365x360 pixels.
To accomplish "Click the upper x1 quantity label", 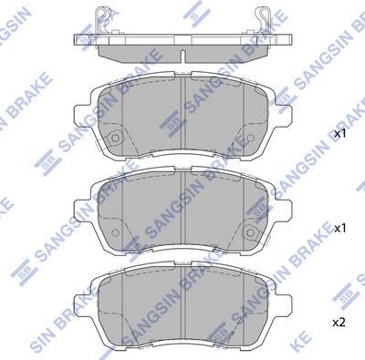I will click(x=340, y=134).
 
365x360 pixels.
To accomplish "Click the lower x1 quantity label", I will click(x=340, y=227).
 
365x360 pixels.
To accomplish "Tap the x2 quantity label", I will click(x=340, y=322).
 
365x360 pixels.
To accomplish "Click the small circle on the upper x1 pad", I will click(x=116, y=139).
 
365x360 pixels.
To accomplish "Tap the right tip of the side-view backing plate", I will click(x=294, y=37).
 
